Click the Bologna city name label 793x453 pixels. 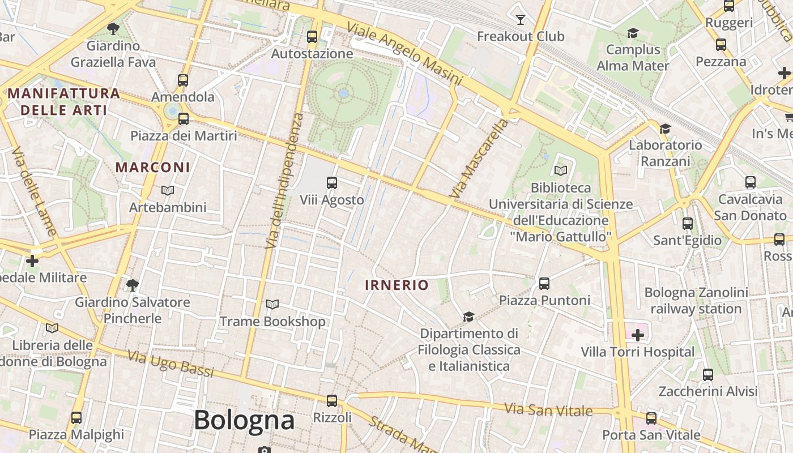[244, 420]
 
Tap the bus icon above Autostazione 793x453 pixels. [312, 37]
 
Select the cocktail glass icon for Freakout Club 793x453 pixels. [521, 20]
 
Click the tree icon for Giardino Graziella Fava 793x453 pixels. [113, 28]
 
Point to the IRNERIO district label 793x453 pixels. [396, 285]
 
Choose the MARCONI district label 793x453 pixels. [153, 168]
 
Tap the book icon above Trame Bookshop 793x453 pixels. [272, 305]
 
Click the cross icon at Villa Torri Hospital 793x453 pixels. [638, 335]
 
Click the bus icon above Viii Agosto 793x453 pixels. [332, 183]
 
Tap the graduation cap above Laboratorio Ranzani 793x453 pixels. [665, 129]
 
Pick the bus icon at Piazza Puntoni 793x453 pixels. [544, 283]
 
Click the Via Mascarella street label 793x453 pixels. [479, 158]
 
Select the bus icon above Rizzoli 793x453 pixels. [332, 401]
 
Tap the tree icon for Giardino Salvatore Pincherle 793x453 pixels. [133, 285]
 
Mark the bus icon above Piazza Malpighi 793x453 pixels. [76, 418]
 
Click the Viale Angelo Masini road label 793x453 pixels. [404, 54]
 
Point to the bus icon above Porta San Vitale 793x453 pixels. [651, 418]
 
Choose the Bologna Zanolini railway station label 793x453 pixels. [696, 301]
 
